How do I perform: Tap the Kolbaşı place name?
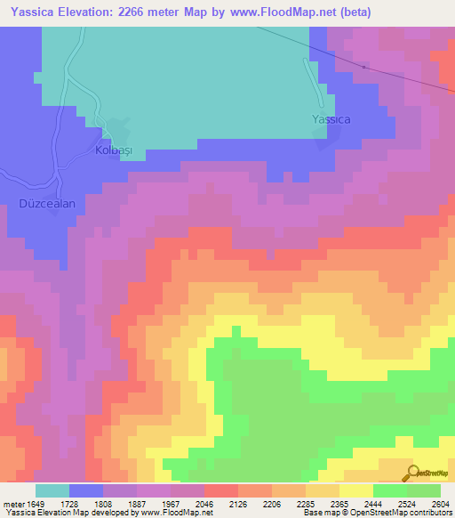[113, 150]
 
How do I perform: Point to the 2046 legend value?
[206, 503]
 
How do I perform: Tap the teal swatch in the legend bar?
[52, 490]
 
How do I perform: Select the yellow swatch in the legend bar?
[356, 490]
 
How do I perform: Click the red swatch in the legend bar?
[221, 490]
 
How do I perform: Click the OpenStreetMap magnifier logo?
[413, 473]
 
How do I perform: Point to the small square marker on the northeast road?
[364, 67]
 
